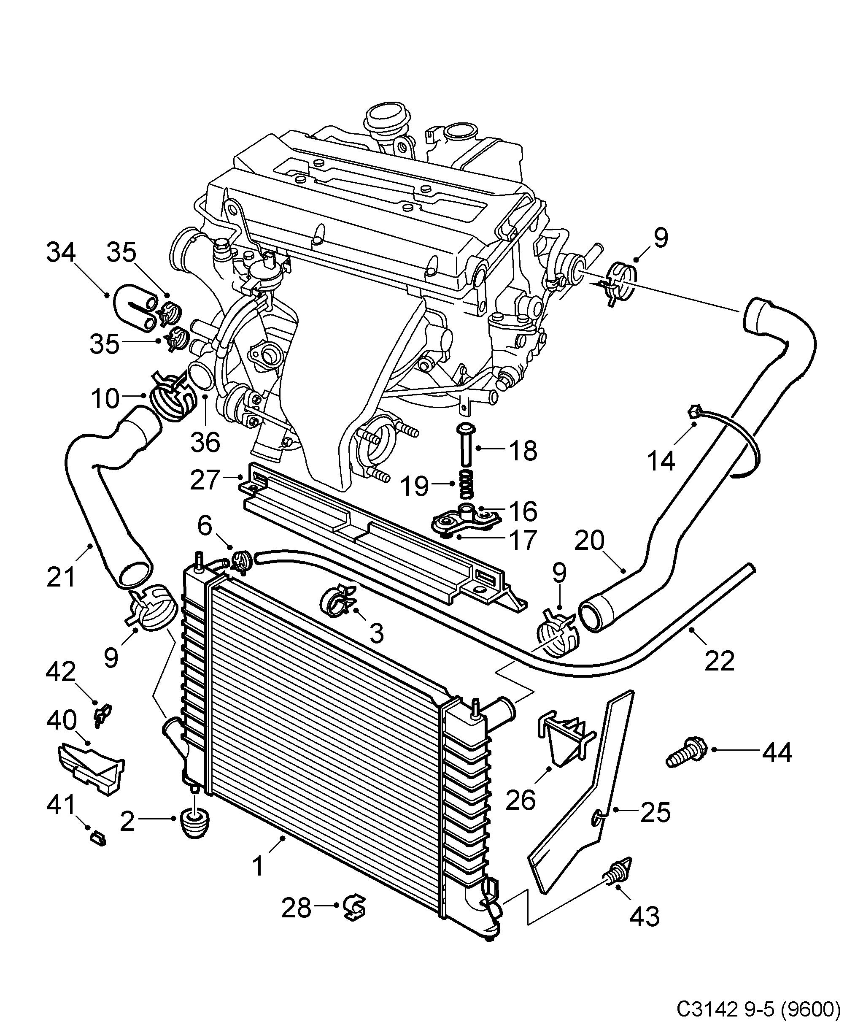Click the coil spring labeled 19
click(x=466, y=484)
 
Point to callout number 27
click(x=205, y=480)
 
